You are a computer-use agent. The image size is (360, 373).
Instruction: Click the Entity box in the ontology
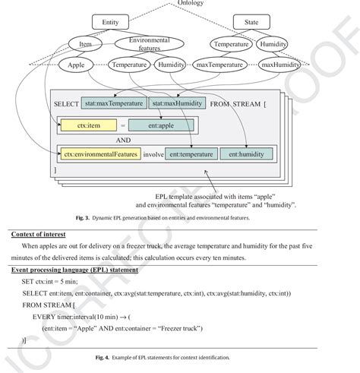tap(109, 24)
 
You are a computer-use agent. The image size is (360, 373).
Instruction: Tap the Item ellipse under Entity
tap(86, 45)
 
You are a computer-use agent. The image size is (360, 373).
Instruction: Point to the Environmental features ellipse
tap(149, 44)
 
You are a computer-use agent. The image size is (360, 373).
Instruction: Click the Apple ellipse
tap(76, 65)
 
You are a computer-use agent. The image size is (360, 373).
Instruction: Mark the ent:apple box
tap(159, 122)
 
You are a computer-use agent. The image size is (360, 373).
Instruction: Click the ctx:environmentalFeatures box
tap(97, 155)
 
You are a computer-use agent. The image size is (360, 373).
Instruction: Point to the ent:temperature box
tap(190, 155)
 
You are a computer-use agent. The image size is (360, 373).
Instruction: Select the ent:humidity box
tap(245, 155)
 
